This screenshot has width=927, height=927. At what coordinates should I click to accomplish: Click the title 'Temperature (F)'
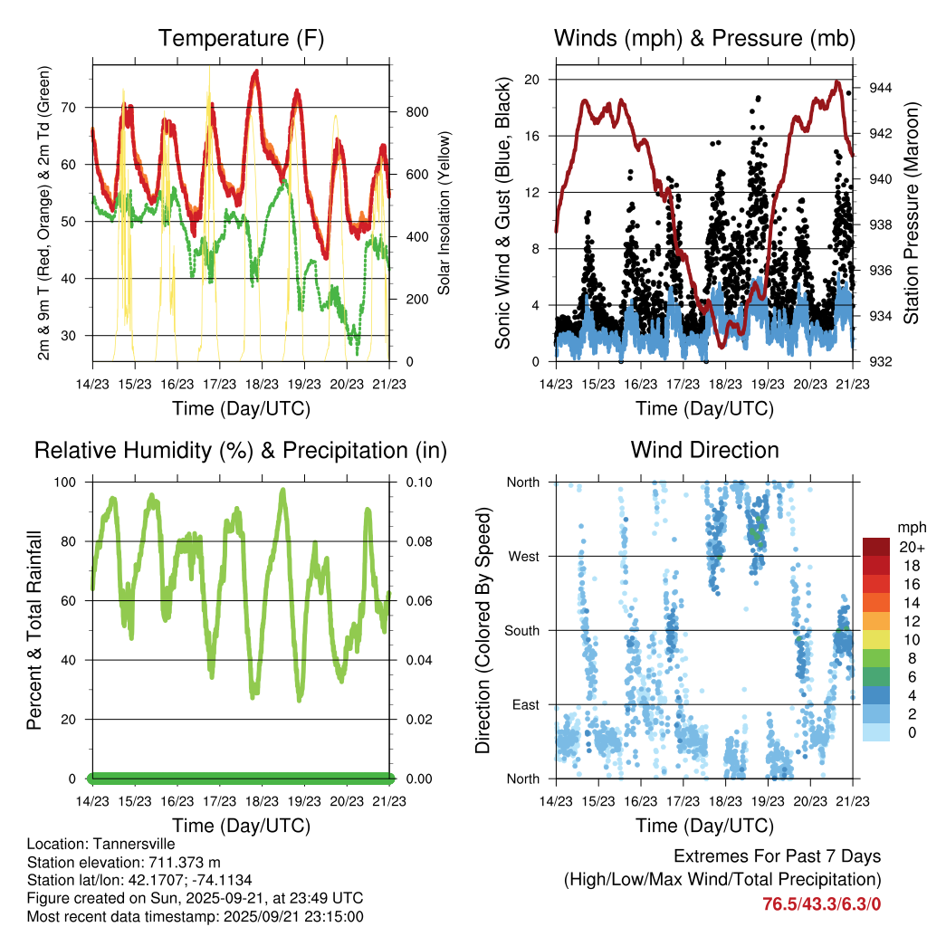[241, 38]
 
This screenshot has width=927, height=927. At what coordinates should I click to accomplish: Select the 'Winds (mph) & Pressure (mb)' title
[704, 38]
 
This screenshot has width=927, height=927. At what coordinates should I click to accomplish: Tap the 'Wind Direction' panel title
[704, 450]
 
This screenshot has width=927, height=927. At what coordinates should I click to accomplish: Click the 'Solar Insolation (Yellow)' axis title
[444, 214]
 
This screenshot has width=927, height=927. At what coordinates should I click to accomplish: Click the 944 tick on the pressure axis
[881, 88]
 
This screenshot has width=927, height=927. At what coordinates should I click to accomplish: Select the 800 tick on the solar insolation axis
[416, 112]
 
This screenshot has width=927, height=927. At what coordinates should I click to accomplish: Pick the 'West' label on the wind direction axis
[523, 557]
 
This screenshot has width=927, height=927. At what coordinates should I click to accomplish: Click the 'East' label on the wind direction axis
[525, 705]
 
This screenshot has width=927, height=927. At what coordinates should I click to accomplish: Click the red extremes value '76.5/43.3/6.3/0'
[822, 903]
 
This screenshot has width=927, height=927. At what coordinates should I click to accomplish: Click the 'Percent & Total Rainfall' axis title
[35, 630]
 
